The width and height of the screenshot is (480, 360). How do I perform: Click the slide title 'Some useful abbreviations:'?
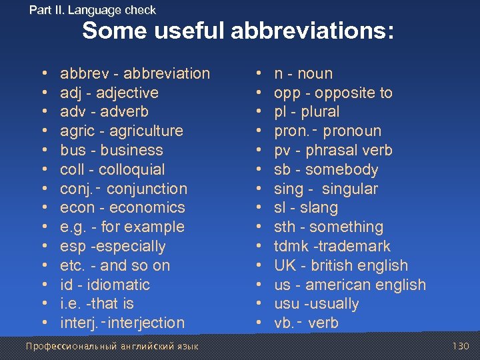click(238, 31)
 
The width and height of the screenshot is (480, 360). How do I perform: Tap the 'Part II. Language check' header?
click(93, 10)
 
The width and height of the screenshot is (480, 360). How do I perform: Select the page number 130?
click(460, 346)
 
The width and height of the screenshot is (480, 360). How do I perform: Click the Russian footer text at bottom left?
click(111, 346)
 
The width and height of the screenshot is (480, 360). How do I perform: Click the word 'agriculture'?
click(145, 131)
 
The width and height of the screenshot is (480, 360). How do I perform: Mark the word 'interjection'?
click(146, 323)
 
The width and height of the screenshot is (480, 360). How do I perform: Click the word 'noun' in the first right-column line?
click(315, 73)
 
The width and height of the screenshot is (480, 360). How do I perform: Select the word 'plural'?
click(320, 111)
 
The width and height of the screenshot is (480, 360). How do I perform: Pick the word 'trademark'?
click(357, 246)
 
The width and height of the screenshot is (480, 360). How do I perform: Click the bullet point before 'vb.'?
click(258, 323)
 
